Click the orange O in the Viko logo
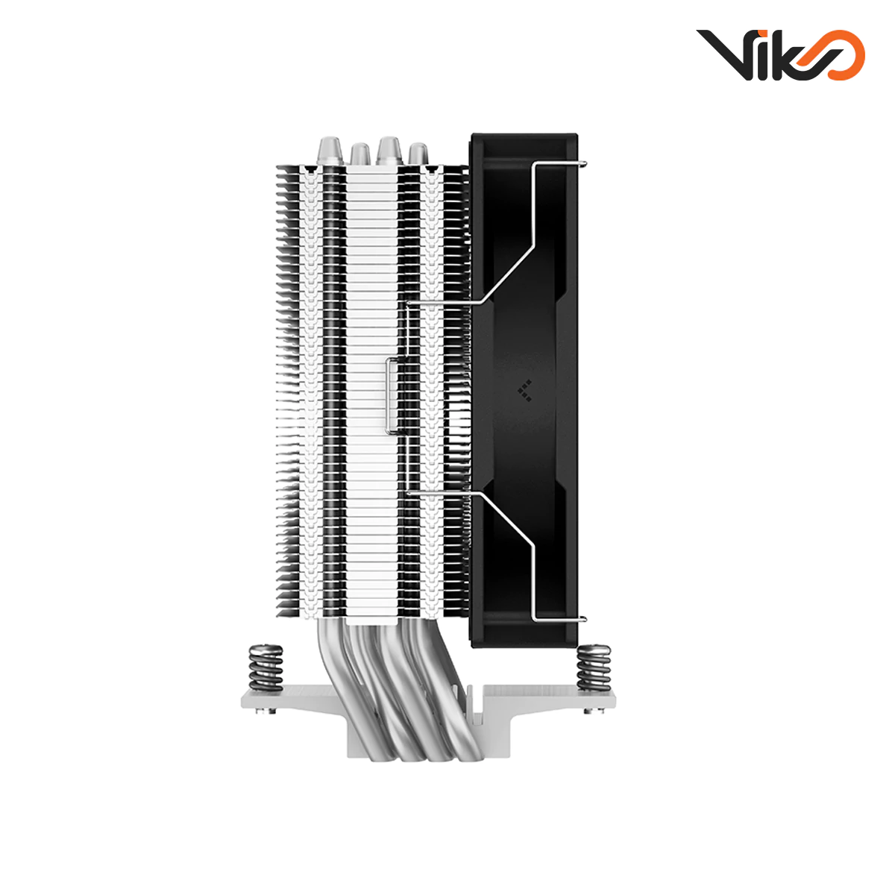[841, 55]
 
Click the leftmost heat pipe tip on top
[328, 150]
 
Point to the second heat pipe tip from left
[359, 154]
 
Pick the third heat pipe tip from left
[389, 150]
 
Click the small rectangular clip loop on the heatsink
[391, 395]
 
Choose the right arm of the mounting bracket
[567, 699]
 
